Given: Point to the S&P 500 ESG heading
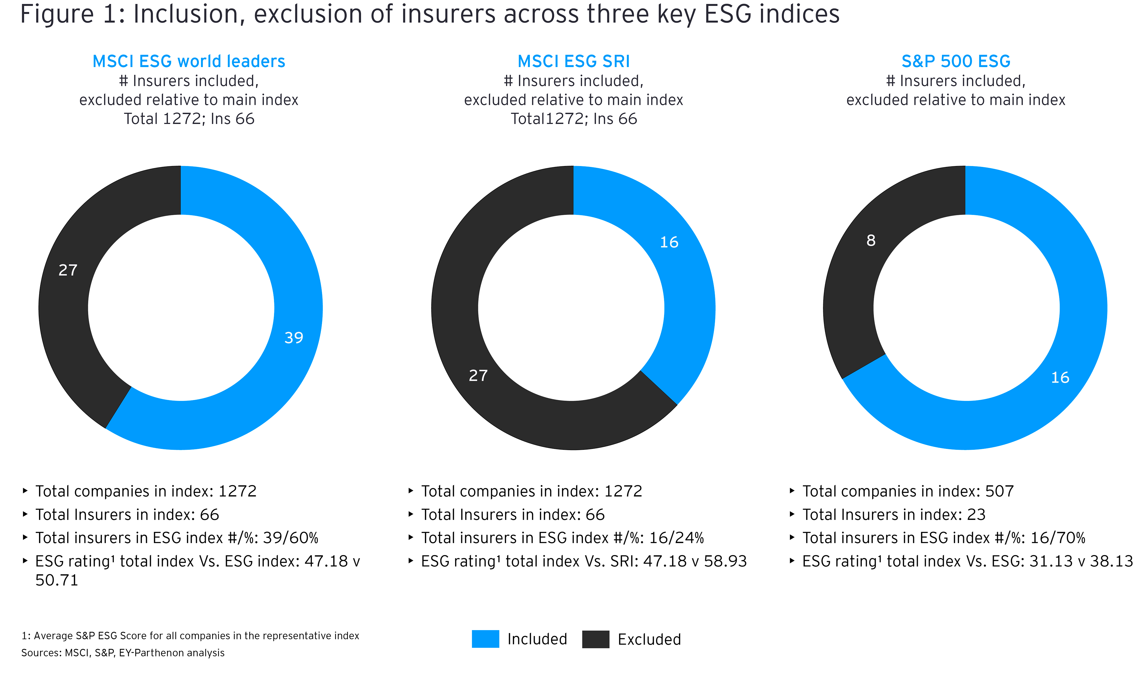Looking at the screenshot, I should coord(956,61).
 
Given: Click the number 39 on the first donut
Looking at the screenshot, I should coord(294,338).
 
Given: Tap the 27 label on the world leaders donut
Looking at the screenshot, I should coord(68,270).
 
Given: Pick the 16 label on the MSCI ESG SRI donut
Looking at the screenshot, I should coord(669,242).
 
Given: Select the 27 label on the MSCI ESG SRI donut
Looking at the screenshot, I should coord(478,376).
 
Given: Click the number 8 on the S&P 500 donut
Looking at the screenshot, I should coord(871,240).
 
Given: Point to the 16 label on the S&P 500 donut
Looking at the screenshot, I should coord(1060,377).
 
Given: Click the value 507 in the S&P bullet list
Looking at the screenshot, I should coord(999,491).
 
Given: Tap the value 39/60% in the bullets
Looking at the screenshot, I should coord(290,538).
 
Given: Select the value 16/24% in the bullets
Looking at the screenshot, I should coord(676,538).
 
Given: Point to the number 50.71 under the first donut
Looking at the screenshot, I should coord(57,580).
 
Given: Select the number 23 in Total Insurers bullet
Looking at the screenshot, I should coord(976,515).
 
